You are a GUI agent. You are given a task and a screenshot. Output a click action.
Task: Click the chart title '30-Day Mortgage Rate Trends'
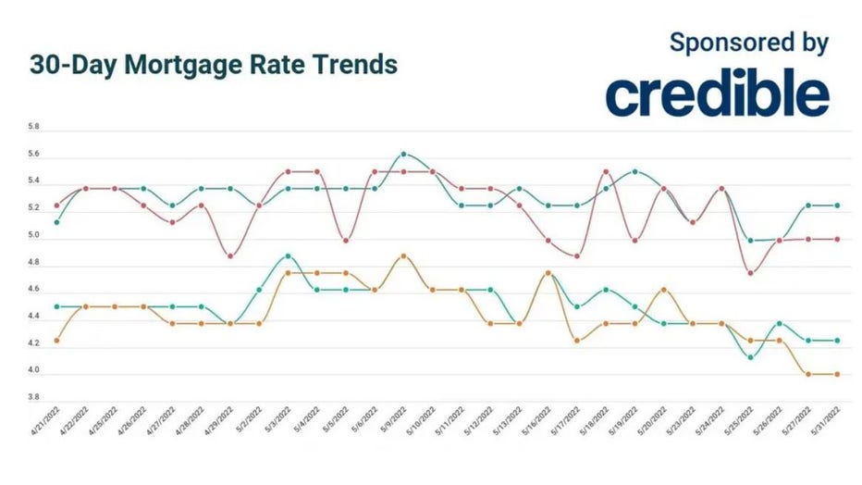[214, 66]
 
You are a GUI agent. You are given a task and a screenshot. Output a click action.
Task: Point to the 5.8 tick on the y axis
[34, 125]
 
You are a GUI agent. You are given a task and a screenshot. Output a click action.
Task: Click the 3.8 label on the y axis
[34, 397]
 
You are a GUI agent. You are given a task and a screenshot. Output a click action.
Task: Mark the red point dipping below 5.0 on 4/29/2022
[230, 255]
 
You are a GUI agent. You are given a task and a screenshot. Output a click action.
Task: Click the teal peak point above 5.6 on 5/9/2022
[403, 154]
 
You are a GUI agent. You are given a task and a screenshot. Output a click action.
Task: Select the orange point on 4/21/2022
[57, 341]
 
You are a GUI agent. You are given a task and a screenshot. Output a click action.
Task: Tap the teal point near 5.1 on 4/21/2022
[57, 222]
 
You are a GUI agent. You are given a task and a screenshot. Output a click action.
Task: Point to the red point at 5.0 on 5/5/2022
[346, 241]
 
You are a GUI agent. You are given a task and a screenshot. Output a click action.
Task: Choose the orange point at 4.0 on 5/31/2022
[836, 374]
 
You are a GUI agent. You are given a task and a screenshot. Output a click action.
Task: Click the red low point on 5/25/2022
[750, 272]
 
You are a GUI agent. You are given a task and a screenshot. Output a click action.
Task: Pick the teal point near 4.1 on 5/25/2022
[750, 357]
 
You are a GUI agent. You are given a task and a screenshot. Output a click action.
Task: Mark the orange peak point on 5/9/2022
[403, 255]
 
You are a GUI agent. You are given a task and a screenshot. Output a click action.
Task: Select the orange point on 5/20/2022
[663, 290]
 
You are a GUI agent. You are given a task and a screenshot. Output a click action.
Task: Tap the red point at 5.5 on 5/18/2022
[606, 171]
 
